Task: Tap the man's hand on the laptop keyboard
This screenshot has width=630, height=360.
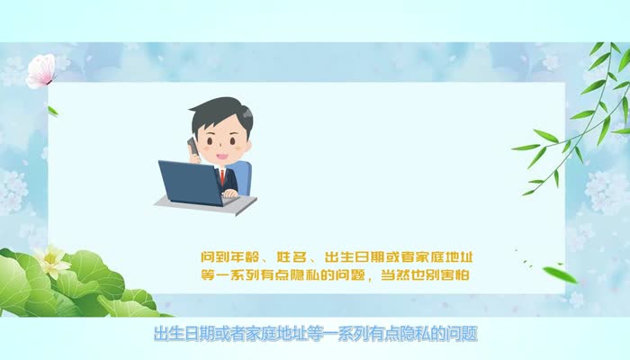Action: pos(230,193)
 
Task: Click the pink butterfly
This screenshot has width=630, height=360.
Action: pos(40,70)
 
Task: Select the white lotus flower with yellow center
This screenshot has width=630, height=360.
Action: pos(51,262)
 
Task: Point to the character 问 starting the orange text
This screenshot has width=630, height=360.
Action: pos(208,256)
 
